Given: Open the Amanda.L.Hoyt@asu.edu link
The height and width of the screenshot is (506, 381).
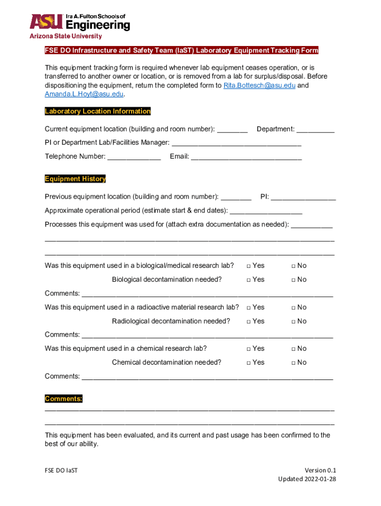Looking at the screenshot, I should coord(84,94).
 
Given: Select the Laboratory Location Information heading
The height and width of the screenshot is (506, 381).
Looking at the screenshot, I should coord(97,111).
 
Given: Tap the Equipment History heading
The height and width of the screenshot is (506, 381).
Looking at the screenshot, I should coord(75,179).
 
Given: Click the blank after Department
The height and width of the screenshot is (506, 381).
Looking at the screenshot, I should coord(316,130).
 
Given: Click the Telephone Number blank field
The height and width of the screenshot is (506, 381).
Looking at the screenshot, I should coord(134,157).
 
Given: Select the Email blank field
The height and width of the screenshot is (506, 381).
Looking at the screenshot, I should coord(246,157).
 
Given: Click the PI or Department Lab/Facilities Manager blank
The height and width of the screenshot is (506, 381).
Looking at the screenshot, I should coord(236,143).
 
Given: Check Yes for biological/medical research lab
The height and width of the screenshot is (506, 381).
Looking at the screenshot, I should coord(249,266).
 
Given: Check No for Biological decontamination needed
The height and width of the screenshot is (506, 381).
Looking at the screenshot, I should coord(293,280).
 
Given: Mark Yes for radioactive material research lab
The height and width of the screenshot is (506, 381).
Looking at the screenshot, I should coord(249,307).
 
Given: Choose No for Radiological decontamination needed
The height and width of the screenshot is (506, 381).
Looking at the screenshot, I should coord(293,321).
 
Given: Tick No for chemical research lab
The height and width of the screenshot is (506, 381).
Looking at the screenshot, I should coord(293,349).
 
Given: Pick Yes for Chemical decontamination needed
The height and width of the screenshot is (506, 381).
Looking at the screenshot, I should coord(249,363).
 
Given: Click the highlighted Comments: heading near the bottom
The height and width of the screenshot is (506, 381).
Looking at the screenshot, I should coord(63,399).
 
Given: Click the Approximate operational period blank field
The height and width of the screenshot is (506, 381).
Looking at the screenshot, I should coord(266,211).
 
